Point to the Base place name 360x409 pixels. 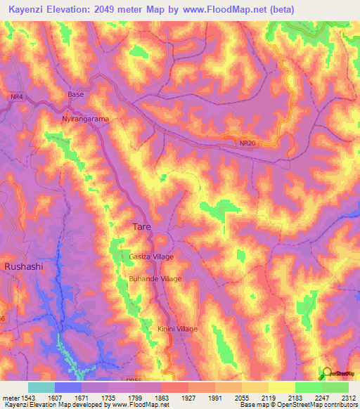pyautogui.click(x=75, y=94)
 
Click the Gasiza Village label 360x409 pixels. pyautogui.click(x=150, y=257)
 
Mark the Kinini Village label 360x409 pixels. pyautogui.click(x=178, y=329)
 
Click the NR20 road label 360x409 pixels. pyautogui.click(x=247, y=143)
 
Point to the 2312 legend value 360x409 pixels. pyautogui.click(x=348, y=397)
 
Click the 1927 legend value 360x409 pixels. pyautogui.click(x=188, y=397)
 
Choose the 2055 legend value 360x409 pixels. pyautogui.click(x=241, y=397)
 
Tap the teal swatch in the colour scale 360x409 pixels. pyautogui.click(x=41, y=387)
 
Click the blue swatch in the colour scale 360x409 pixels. pyautogui.click(x=67, y=387)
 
